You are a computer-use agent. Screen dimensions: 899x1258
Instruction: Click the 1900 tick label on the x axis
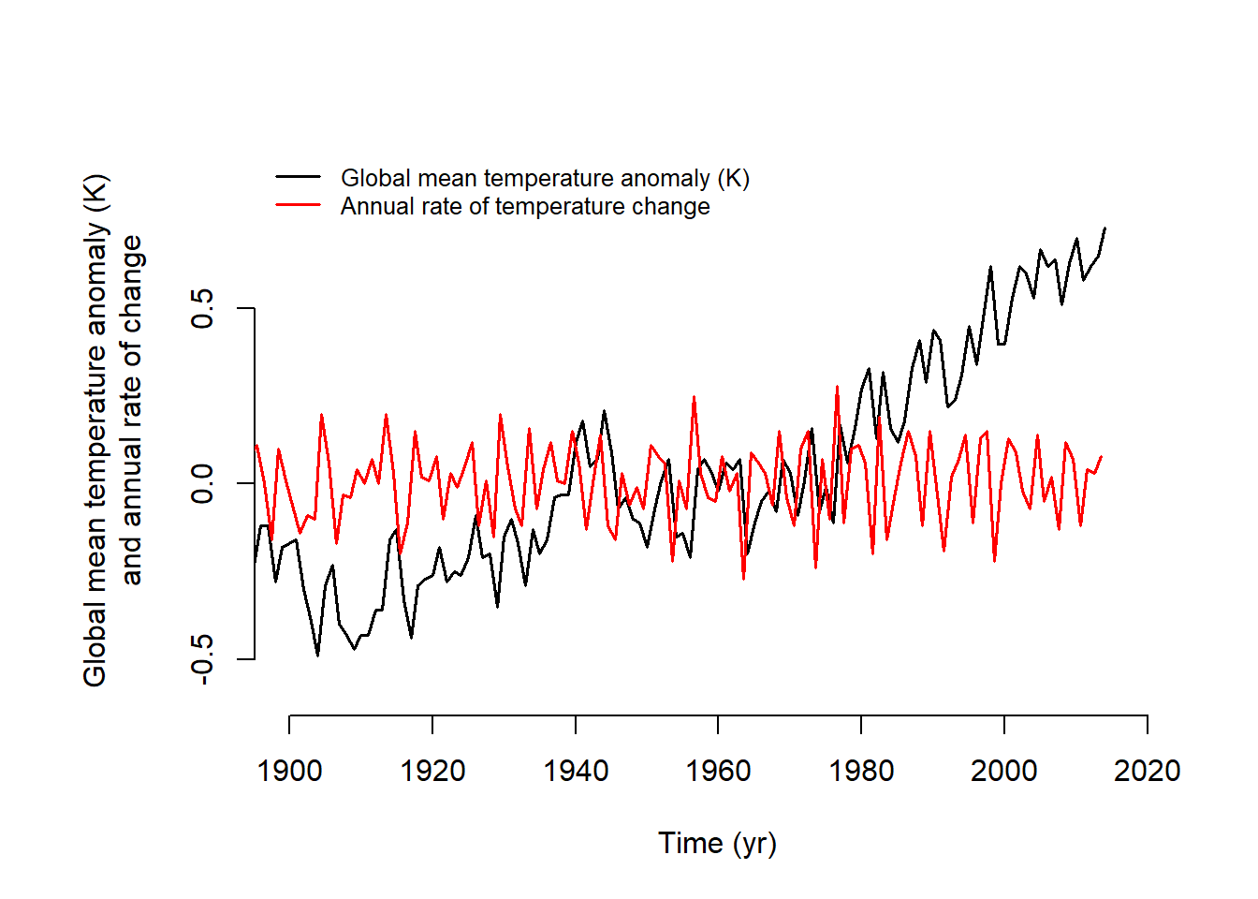(x=289, y=771)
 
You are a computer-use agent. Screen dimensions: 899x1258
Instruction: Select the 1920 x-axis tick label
(x=432, y=771)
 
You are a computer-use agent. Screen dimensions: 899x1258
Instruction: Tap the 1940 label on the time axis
(x=576, y=771)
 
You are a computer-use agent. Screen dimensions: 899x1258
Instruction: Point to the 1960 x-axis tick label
(x=718, y=771)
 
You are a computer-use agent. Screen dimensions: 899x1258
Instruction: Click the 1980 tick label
(x=861, y=771)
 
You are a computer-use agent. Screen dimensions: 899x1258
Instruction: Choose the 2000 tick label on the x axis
(x=1004, y=771)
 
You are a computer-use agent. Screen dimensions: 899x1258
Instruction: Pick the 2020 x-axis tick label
(x=1147, y=771)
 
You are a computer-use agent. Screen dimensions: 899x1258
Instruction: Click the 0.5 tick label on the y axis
(x=202, y=308)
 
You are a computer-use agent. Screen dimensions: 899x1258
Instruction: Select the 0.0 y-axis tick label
(x=202, y=483)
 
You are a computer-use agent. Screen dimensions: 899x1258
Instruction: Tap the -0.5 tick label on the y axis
(x=202, y=659)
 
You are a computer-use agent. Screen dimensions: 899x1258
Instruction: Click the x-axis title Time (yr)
(x=717, y=843)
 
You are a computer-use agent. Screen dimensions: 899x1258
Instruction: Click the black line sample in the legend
(x=299, y=177)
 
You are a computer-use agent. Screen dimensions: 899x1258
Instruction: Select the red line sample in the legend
(x=299, y=205)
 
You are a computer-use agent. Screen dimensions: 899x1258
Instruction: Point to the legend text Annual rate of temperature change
(x=525, y=206)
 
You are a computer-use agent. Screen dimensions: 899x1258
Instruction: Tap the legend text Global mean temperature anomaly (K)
(x=545, y=178)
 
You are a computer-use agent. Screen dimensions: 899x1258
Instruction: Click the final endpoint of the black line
(x=1104, y=228)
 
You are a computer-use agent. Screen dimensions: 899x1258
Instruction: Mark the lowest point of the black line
(x=317, y=656)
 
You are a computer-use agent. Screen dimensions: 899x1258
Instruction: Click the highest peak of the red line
(x=837, y=387)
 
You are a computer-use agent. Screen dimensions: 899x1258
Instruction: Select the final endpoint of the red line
(x=1102, y=456)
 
